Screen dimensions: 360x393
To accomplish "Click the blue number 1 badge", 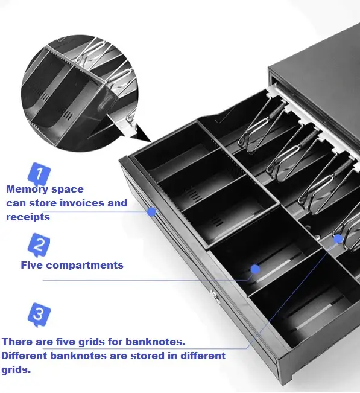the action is point(39,173).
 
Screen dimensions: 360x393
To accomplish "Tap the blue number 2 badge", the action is point(39,244).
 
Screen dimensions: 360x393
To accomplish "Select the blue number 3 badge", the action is point(39,315).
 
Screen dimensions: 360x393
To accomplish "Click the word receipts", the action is point(28,217).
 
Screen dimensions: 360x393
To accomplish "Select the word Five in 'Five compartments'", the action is point(32,265).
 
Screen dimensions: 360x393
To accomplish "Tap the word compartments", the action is point(84,266).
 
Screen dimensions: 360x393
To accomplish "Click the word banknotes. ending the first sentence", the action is point(155,342).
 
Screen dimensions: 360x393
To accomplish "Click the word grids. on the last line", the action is point(16,370).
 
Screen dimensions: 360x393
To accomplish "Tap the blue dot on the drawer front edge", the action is point(151,212).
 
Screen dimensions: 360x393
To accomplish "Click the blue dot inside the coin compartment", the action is point(255,269).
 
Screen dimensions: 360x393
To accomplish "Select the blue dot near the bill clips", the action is point(338,239).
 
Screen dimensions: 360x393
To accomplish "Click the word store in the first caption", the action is point(44,203).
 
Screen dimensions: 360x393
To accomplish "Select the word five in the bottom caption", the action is point(66,342).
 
